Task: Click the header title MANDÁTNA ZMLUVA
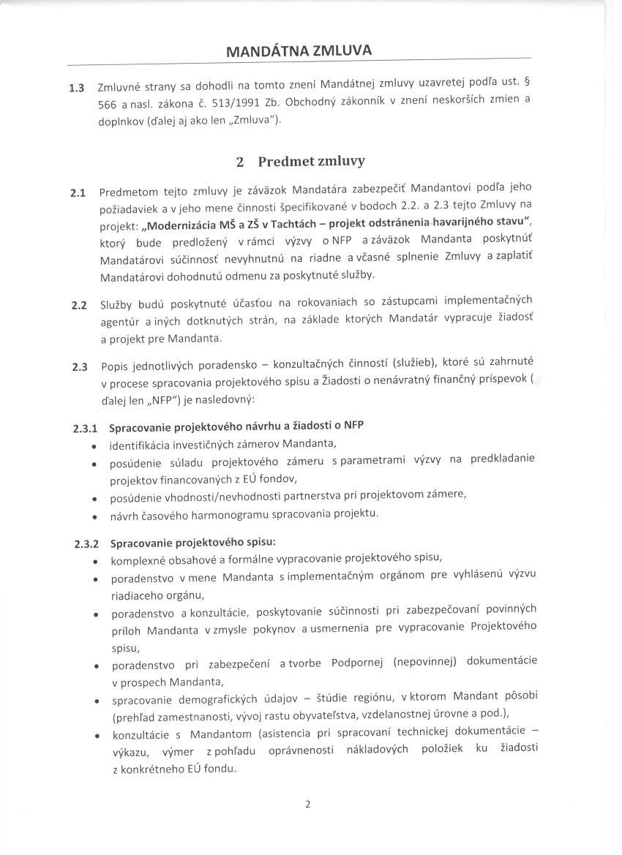coord(299,51)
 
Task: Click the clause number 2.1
coord(78,194)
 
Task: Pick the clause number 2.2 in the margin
coord(78,306)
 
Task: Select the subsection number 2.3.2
coord(88,545)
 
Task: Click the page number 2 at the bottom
coord(308,805)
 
